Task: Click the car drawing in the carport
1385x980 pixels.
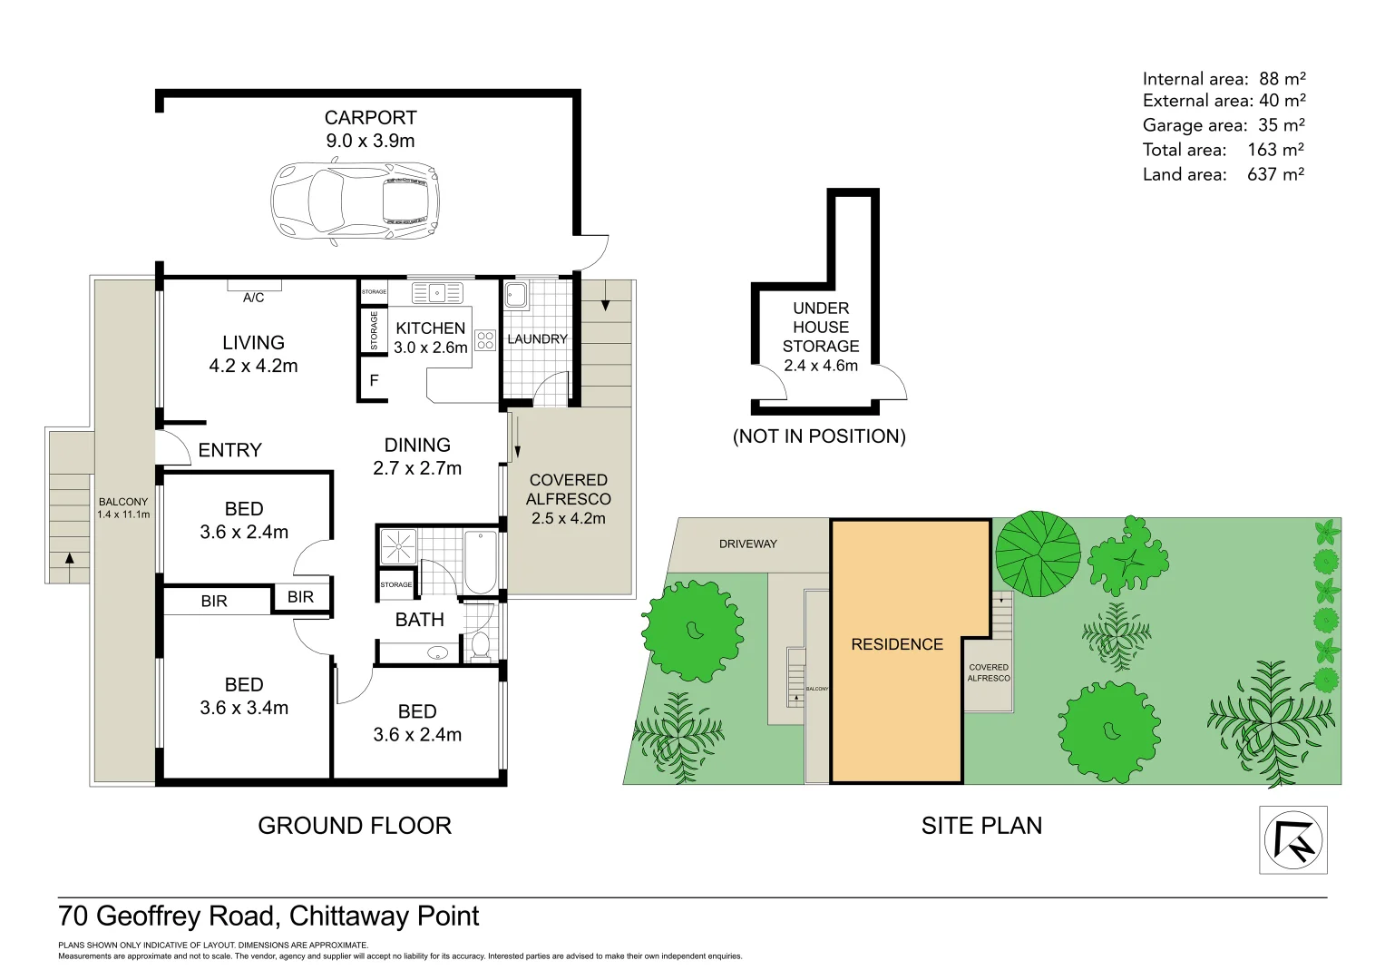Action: tap(356, 201)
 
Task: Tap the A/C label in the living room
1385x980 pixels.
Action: tap(253, 298)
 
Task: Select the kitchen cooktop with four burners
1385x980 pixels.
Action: tap(485, 340)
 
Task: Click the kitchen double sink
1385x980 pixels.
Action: tap(437, 292)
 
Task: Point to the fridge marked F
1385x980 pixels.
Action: tap(374, 380)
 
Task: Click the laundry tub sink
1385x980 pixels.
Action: tap(516, 295)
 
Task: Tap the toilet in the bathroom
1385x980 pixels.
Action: tap(481, 644)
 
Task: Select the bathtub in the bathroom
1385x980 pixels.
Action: tap(481, 562)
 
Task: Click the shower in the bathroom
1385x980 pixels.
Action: tap(398, 547)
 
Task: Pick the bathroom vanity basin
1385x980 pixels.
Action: tap(438, 652)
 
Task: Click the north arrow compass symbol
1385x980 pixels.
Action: tap(1293, 841)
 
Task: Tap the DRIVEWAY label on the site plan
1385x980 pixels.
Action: tap(748, 544)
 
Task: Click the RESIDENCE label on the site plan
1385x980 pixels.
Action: tap(897, 644)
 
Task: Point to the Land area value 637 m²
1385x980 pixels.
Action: tap(1275, 174)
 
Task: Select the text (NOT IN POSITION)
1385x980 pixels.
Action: tap(819, 436)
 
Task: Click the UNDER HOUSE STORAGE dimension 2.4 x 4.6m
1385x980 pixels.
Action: tap(821, 366)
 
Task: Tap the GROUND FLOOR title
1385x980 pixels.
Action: tap(355, 826)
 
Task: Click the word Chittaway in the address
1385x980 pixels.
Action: tap(349, 916)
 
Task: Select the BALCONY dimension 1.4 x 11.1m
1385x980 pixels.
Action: tap(123, 514)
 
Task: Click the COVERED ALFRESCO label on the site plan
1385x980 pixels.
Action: tap(989, 672)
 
